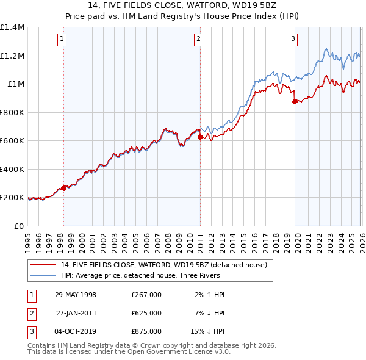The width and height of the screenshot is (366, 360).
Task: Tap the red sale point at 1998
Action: click(x=63, y=189)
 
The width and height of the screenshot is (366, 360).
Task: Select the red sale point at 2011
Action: click(x=200, y=138)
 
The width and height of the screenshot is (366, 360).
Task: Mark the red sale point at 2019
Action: click(x=295, y=102)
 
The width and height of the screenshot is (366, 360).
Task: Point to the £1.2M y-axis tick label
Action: click(x=12, y=56)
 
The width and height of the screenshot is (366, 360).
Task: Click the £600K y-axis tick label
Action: click(x=12, y=141)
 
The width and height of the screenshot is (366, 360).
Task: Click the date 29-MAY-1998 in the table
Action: click(x=76, y=295)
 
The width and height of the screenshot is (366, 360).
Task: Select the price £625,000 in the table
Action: click(x=146, y=313)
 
